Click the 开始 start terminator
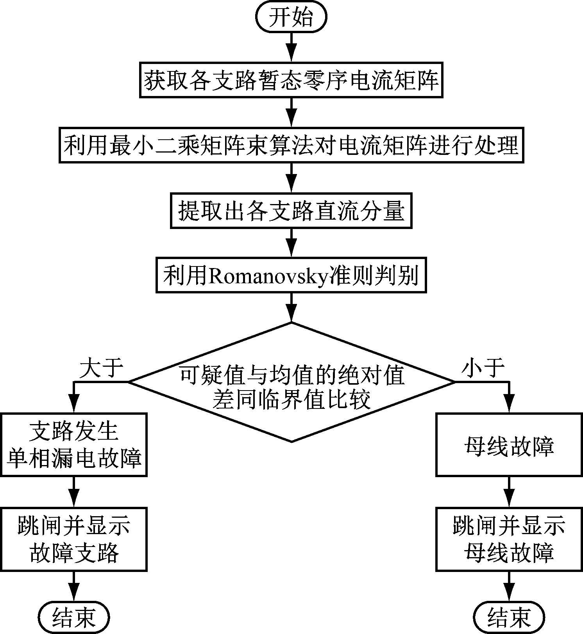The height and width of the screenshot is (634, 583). click(291, 18)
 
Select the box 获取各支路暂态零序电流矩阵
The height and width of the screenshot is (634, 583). click(291, 80)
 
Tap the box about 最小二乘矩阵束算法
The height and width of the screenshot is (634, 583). click(291, 145)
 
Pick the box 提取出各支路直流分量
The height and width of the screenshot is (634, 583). click(291, 210)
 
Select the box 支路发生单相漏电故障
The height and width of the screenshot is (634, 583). click(73, 445)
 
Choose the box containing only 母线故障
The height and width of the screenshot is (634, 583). click(509, 445)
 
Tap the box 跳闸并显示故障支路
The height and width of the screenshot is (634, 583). click(73, 539)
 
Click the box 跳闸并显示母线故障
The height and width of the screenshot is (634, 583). click(509, 539)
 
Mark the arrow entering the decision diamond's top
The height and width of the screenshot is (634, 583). click(291, 308)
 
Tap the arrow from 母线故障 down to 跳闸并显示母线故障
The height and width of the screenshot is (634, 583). click(509, 492)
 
